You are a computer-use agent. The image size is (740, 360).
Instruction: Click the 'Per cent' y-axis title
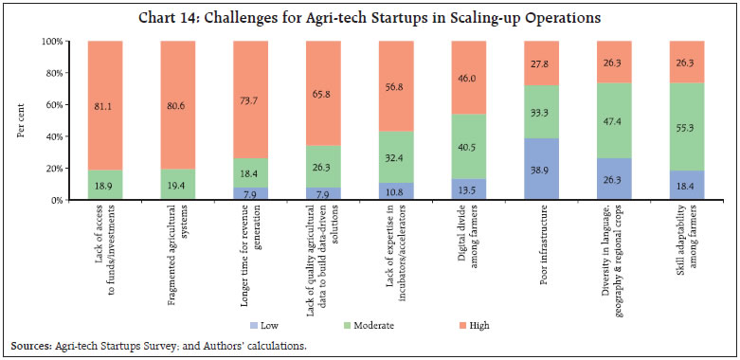point(21,121)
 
